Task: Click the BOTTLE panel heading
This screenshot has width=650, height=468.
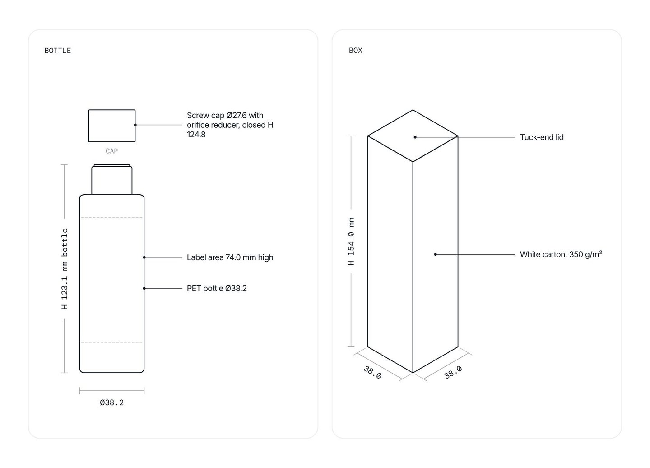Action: tap(57, 51)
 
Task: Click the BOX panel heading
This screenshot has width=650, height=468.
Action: tap(355, 51)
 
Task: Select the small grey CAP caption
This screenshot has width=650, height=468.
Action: tap(112, 151)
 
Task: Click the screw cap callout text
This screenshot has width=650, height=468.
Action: tap(230, 125)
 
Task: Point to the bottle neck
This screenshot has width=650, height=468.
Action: tap(112, 179)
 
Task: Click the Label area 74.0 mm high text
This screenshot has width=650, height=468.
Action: tap(230, 257)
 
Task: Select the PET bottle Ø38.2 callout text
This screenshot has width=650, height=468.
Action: tap(217, 288)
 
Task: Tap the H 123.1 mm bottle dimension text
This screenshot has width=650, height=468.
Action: tap(65, 269)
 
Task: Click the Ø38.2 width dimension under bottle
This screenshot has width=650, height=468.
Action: tap(112, 402)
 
